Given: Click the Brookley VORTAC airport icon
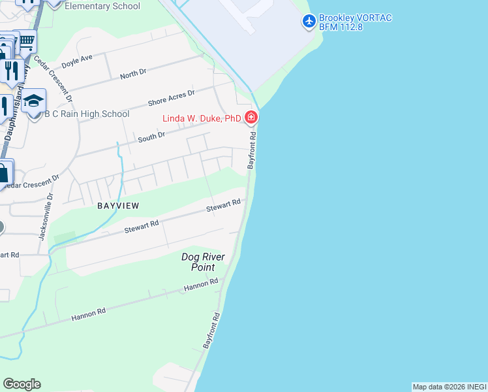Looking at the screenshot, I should coord(309,22).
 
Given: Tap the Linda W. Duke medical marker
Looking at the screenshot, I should coord(251,118).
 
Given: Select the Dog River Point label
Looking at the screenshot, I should coord(203,262).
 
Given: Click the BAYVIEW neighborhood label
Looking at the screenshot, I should coord(119,205).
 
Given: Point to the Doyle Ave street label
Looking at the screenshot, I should coord(78,61).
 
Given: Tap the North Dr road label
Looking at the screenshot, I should coord(133,74).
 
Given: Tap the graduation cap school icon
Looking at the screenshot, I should coord(34,101).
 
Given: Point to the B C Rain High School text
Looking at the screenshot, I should coord(87,114).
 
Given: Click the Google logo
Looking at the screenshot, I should coord(22,384).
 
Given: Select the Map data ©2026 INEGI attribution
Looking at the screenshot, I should coord(449,387).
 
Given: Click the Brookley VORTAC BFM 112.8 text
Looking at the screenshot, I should coord(355,22).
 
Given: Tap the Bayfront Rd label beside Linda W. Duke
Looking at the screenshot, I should coord(251,150).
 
